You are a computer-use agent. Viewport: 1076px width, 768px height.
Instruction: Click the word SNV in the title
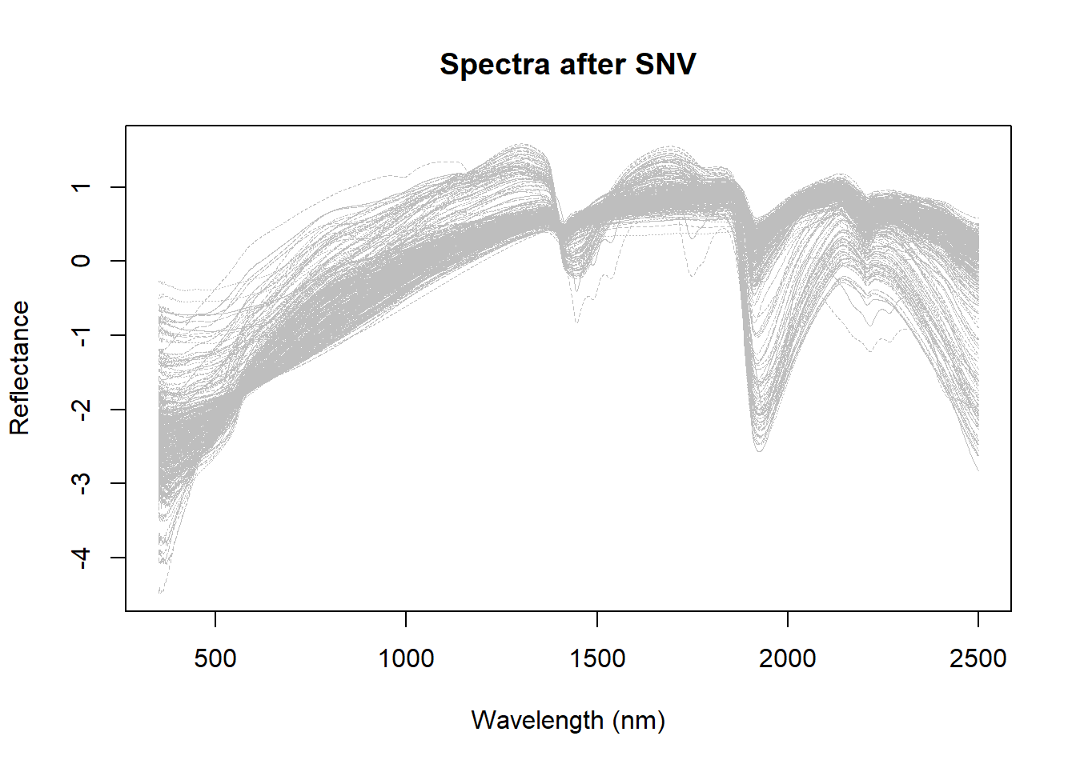(665, 65)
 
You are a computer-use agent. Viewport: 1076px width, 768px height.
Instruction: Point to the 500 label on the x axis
(215, 658)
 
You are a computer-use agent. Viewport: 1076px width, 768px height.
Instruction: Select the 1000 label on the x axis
(406, 658)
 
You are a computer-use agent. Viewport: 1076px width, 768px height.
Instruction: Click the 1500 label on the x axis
(597, 658)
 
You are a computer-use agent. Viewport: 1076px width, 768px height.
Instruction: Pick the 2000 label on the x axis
(788, 658)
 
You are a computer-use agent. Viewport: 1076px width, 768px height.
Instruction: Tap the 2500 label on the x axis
(978, 658)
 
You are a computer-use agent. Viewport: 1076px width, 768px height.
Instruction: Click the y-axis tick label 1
(81, 187)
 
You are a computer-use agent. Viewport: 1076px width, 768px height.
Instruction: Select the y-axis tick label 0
(81, 261)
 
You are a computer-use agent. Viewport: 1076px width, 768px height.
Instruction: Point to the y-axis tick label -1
(81, 335)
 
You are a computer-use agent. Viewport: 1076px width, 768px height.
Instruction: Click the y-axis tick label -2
(81, 410)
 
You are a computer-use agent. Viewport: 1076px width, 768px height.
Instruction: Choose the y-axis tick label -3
(81, 483)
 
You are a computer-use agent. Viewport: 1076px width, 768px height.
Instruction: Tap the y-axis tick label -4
(81, 558)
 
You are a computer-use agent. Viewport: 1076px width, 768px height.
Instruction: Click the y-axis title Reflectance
(19, 368)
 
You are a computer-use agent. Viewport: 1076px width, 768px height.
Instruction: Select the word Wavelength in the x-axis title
(537, 720)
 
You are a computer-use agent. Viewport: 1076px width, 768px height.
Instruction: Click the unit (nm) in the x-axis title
(639, 720)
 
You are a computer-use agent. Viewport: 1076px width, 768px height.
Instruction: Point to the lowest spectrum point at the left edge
(161, 593)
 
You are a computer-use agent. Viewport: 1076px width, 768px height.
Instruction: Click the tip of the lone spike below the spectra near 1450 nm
(576, 322)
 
